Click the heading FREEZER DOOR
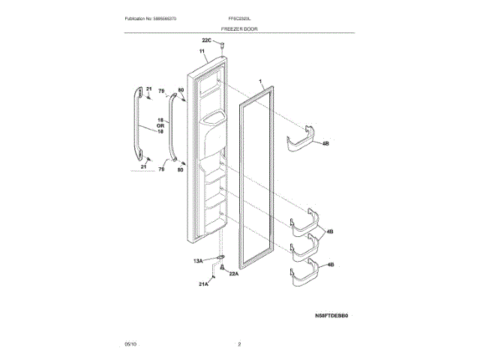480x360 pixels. pos(240,27)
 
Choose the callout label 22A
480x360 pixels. pos(233,274)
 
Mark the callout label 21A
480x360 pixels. pos(203,284)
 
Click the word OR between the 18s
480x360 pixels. pos(160,125)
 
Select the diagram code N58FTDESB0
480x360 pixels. pos(331,316)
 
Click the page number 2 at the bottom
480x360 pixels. pos(239,343)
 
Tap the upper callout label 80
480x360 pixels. pos(180,91)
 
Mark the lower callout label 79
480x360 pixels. pos(160,170)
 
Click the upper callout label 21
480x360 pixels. pos(148,88)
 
